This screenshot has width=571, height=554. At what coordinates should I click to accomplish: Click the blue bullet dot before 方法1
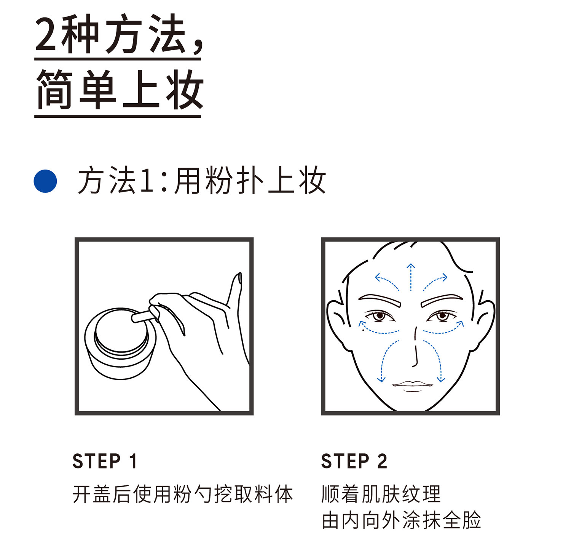[x=45, y=181]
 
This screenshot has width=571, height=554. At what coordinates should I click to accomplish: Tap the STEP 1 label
[x=105, y=461]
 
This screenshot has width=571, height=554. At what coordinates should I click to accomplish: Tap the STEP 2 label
[x=354, y=461]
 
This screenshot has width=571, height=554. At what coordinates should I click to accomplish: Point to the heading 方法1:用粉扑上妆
[x=202, y=181]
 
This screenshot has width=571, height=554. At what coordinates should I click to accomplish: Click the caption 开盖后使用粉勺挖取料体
[x=183, y=494]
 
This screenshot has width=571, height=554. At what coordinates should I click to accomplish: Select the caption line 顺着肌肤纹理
[x=381, y=494]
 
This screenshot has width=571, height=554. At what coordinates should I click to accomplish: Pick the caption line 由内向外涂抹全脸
[x=402, y=520]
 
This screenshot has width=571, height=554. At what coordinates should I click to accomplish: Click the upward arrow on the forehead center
[x=411, y=277]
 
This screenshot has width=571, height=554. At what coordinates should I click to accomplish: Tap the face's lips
[x=413, y=386]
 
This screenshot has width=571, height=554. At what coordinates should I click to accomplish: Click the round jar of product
[x=120, y=343]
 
